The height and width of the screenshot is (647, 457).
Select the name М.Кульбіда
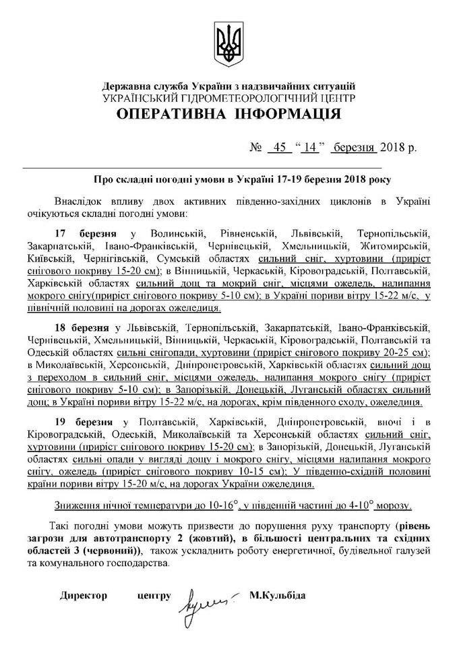(277, 596)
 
